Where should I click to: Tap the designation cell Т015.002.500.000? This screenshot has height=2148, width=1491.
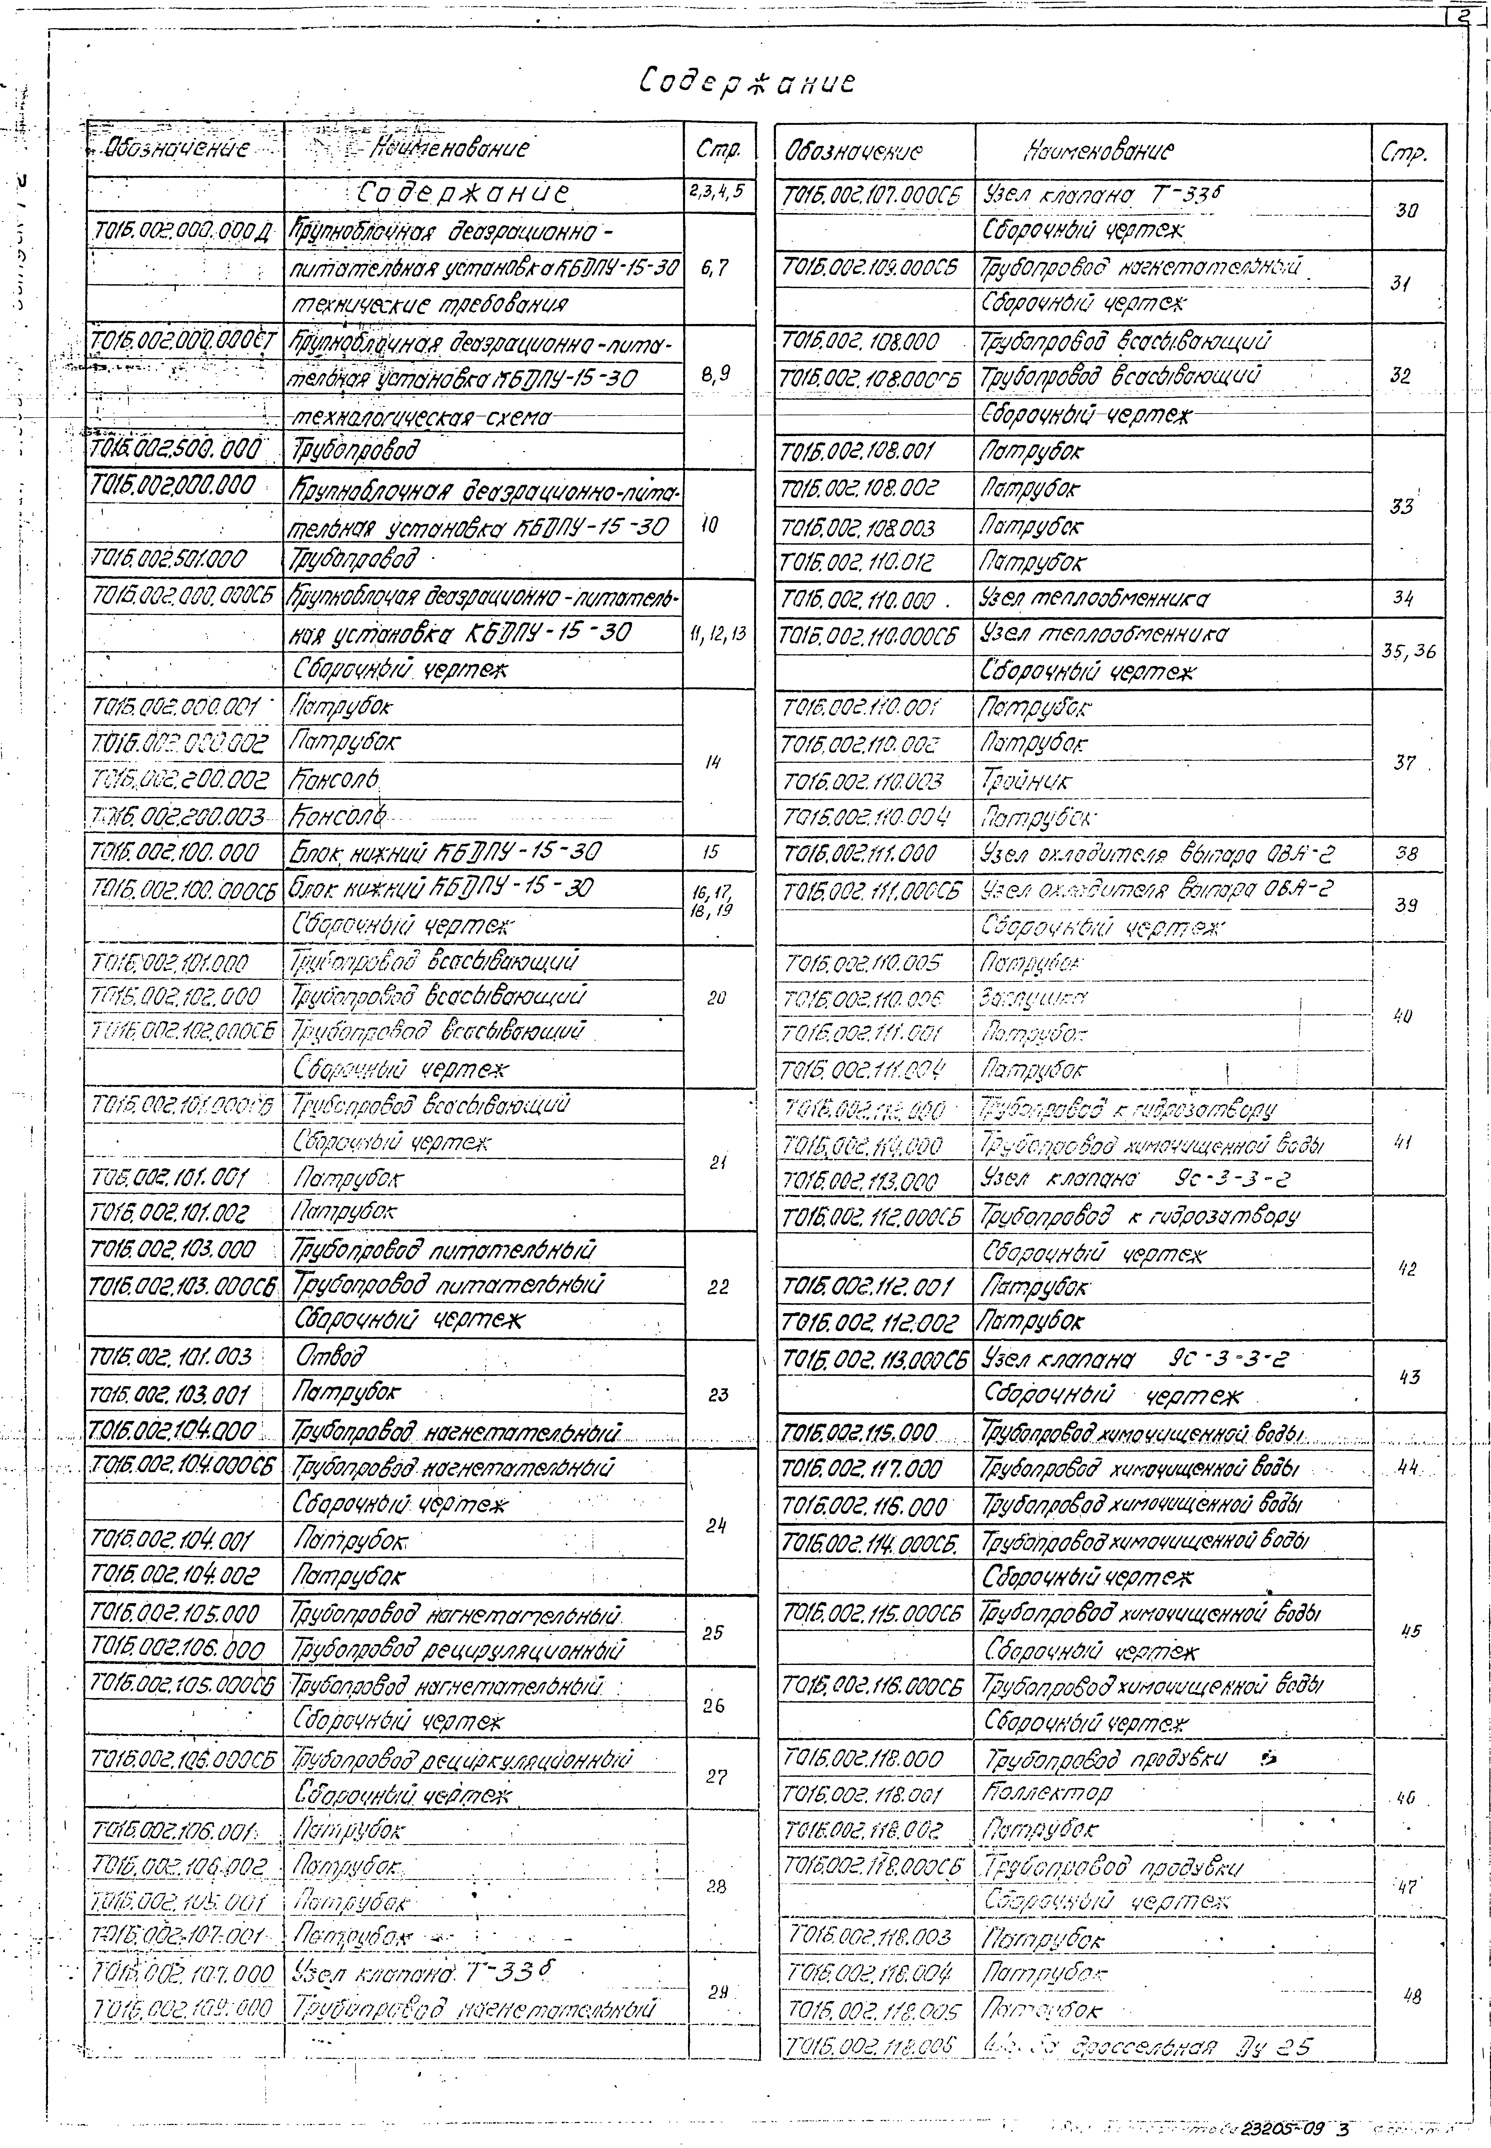[x=176, y=450]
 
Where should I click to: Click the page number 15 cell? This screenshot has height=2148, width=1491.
[x=712, y=852]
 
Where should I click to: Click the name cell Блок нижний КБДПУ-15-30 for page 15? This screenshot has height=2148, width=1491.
[x=446, y=852]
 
